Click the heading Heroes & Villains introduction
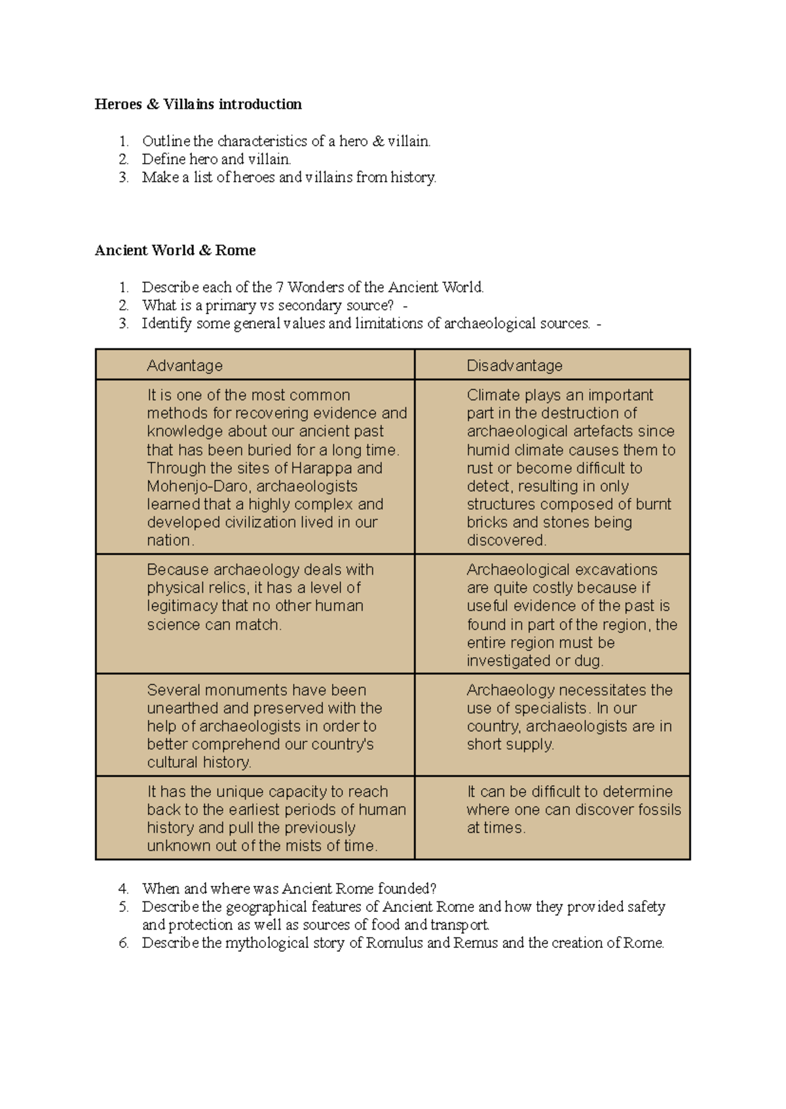[x=198, y=104]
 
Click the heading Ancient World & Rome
[x=175, y=250]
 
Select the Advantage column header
[x=185, y=365]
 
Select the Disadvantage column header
[x=514, y=365]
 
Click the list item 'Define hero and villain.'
[x=216, y=159]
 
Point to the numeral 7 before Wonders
[x=280, y=287]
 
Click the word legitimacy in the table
[x=182, y=606]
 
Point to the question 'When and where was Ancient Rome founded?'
[x=289, y=889]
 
